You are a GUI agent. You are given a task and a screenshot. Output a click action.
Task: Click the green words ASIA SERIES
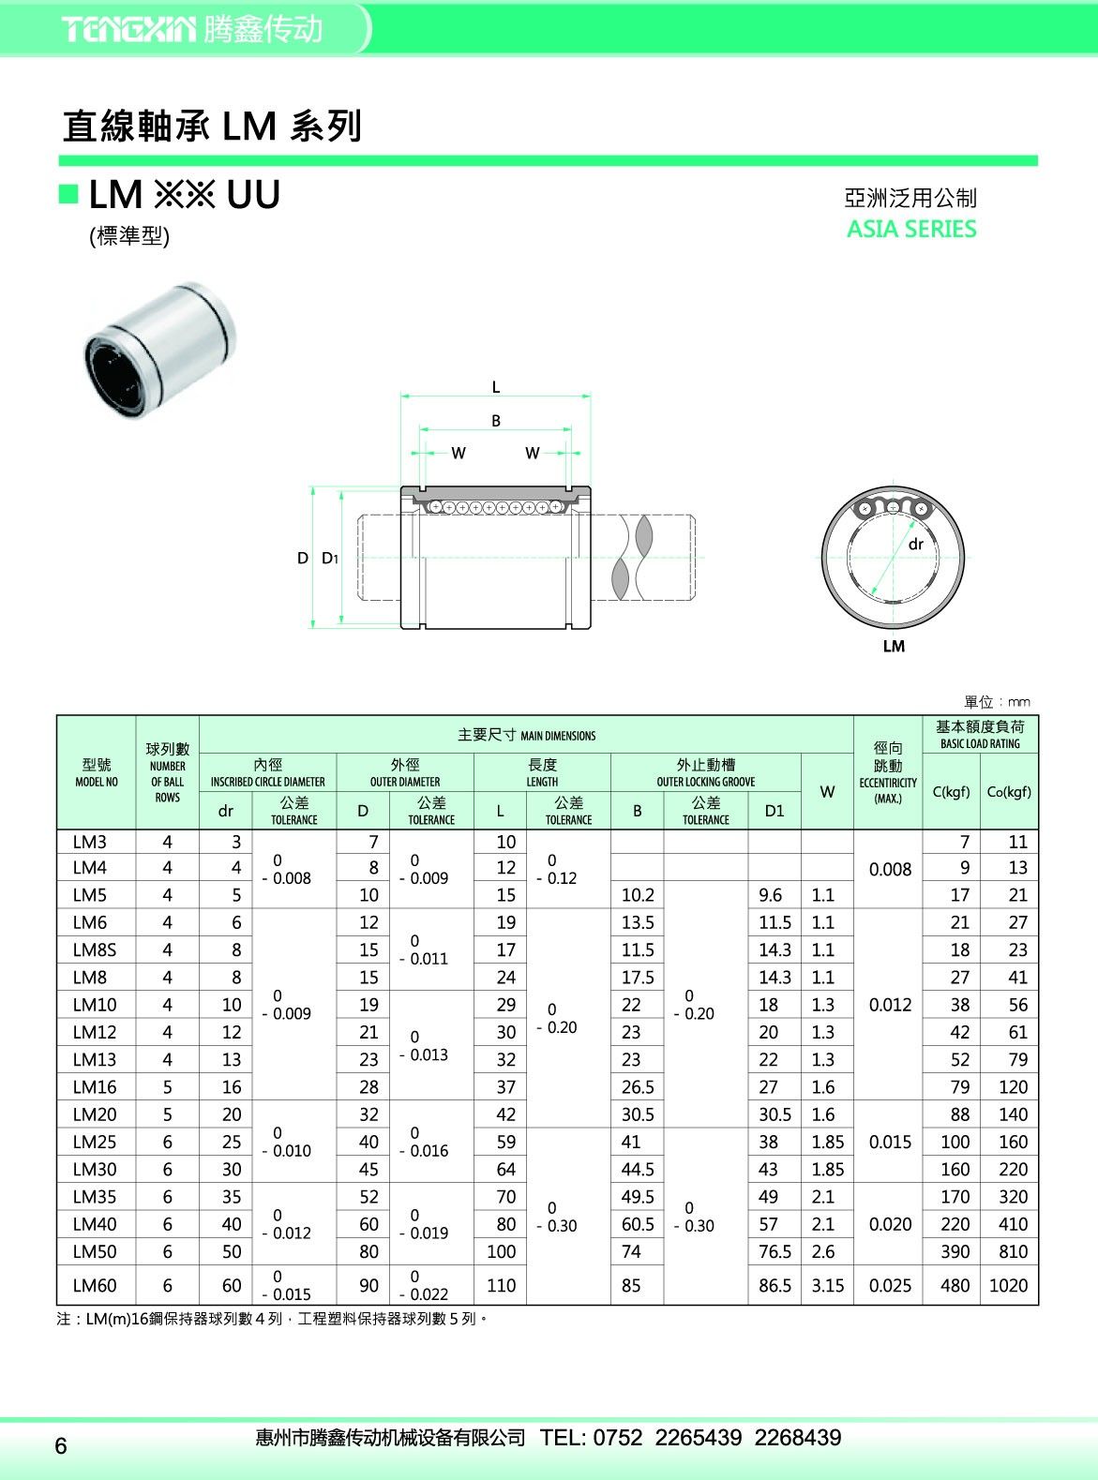click(911, 229)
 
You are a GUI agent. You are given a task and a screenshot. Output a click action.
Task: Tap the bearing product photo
click(160, 351)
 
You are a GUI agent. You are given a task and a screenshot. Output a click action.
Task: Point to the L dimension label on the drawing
click(495, 387)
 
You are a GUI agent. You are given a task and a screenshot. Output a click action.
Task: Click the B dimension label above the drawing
click(495, 420)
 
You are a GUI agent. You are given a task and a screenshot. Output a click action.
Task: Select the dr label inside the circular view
click(916, 544)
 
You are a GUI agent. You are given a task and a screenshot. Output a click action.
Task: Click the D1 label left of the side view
click(330, 558)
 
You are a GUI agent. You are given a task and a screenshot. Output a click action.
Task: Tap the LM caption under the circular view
click(894, 646)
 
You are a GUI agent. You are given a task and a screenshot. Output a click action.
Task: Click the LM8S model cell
click(94, 949)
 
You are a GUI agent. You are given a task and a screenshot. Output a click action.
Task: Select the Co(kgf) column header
click(1009, 791)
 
